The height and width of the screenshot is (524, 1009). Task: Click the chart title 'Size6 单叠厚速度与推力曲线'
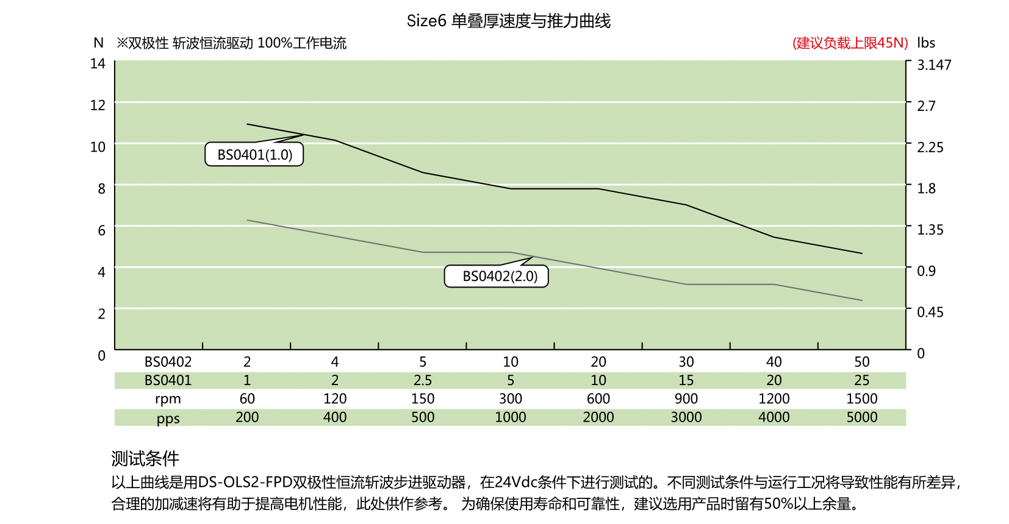(508, 21)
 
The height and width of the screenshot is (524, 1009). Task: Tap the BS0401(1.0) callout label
(254, 155)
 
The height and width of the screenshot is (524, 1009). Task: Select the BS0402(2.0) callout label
(500, 277)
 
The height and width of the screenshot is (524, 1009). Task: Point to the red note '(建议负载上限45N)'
(850, 43)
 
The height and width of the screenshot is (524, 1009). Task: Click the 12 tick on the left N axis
(98, 105)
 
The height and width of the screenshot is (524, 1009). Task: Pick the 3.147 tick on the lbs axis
(933, 65)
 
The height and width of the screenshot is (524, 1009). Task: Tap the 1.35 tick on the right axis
(930, 230)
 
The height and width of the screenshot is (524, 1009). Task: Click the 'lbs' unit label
(925, 43)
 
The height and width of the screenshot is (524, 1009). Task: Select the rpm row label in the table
(168, 399)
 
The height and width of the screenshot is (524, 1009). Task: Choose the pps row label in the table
(168, 419)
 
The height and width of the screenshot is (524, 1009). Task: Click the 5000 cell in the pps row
(861, 417)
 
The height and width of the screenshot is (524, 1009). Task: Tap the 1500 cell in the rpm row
(861, 399)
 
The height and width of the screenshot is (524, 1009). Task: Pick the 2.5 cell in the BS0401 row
(422, 381)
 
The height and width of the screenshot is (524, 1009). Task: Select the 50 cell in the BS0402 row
(861, 362)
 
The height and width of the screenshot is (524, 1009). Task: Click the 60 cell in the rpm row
(247, 399)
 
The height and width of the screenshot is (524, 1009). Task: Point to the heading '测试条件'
(145, 459)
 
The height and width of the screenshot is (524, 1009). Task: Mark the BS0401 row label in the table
(168, 381)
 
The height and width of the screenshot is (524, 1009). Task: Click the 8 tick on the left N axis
(101, 189)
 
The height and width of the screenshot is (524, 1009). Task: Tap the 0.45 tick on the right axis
(930, 313)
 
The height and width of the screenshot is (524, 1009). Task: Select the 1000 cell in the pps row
(510, 417)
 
